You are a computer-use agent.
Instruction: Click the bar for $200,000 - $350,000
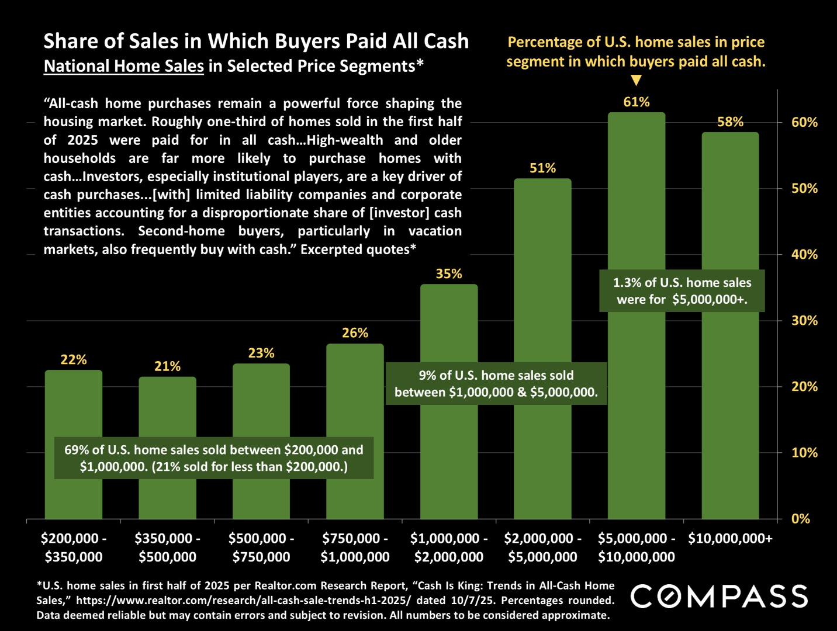74,409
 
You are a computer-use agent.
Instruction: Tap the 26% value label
355,333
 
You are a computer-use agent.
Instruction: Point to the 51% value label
542,168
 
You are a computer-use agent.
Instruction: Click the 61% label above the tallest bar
637,102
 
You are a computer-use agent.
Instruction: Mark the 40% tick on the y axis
804,254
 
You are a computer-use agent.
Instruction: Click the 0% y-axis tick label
800,519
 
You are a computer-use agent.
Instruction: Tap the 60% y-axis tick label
804,122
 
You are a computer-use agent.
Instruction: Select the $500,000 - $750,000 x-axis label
261,547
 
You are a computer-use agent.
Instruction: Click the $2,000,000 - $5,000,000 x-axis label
542,547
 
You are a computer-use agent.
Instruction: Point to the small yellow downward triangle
637,80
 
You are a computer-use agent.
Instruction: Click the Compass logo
720,597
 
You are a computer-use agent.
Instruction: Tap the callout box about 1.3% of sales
682,291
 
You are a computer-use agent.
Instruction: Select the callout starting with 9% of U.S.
496,384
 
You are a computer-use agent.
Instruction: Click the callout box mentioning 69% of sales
214,458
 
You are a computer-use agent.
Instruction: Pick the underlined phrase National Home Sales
124,66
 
